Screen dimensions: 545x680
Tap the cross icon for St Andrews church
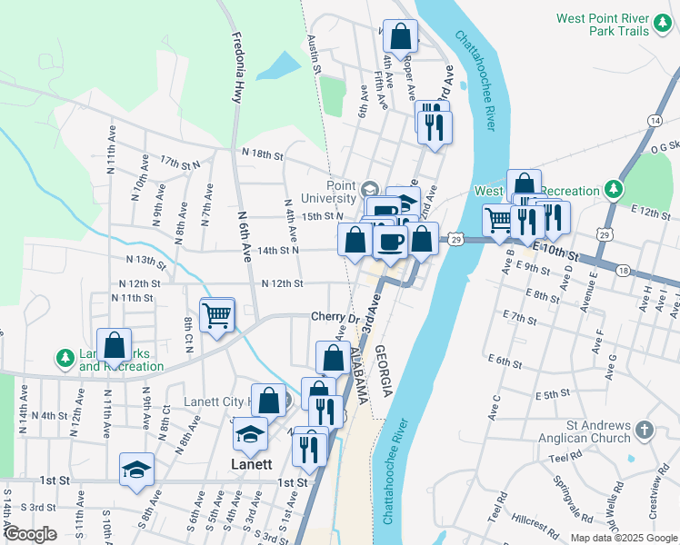point(644,429)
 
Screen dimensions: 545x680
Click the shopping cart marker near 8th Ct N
point(217,315)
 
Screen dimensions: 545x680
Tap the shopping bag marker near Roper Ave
point(400,37)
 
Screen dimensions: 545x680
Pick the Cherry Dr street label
point(331,317)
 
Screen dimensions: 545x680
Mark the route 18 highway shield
point(622,270)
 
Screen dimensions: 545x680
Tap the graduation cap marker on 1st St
point(136,469)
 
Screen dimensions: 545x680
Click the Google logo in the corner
point(30,534)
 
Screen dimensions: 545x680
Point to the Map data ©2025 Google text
point(623,538)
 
